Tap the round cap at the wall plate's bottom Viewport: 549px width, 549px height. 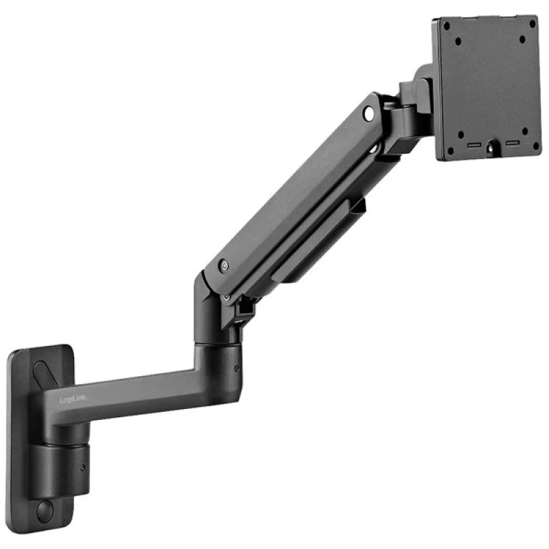(x=45, y=511)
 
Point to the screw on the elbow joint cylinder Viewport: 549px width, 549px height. (x=237, y=368)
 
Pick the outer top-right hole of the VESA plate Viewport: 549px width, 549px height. (x=532, y=22)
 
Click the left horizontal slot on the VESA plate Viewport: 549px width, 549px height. (x=473, y=145)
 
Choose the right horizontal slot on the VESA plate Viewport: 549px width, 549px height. (x=512, y=144)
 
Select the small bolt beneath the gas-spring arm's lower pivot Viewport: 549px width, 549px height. (x=227, y=296)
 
